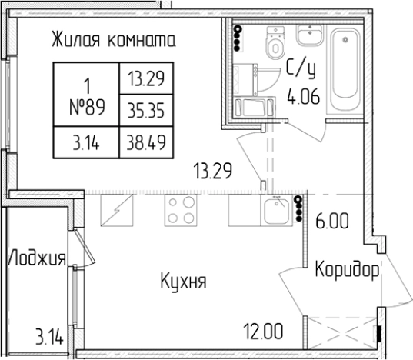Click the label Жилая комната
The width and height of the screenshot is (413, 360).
(x=114, y=39)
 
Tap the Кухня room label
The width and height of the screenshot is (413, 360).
(x=183, y=281)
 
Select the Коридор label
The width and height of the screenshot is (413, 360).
(x=346, y=271)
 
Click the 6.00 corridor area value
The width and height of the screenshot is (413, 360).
(x=332, y=222)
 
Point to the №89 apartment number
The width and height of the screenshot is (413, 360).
(x=86, y=108)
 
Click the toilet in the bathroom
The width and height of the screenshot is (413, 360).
(x=275, y=44)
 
